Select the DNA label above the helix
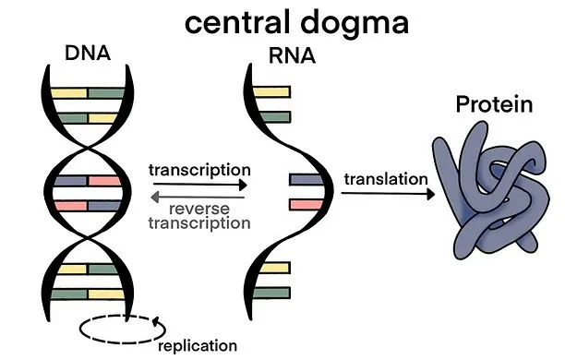tap(89, 53)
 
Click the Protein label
tap(494, 104)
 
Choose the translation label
tap(386, 178)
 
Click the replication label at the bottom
tap(198, 345)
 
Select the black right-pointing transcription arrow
tap(198, 185)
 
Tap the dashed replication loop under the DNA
tap(121, 328)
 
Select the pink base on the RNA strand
tap(304, 203)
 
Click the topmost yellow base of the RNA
tap(271, 92)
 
